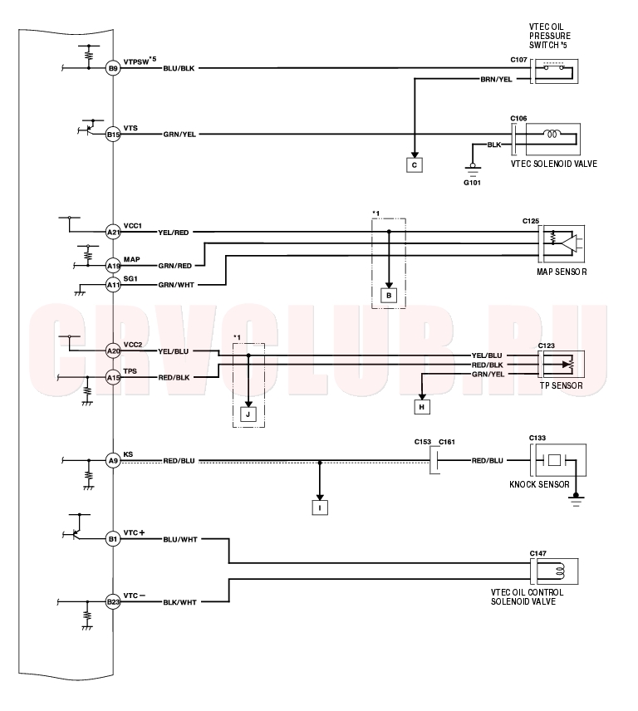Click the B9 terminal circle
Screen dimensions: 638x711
click(113, 68)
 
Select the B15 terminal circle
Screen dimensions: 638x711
click(113, 135)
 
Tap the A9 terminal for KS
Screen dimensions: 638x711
click(113, 461)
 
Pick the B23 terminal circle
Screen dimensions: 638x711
click(113, 602)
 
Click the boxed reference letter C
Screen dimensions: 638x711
click(415, 165)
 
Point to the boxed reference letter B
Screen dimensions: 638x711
click(389, 296)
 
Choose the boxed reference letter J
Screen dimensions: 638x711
click(248, 414)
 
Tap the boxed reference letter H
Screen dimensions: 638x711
click(422, 407)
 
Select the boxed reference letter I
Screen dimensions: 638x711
click(320, 508)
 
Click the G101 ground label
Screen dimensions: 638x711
click(472, 183)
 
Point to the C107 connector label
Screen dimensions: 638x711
click(518, 60)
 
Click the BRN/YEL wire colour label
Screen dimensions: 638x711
click(497, 80)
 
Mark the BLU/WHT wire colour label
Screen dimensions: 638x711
click(180, 540)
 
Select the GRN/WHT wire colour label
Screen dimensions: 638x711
click(176, 285)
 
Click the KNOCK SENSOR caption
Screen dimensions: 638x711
click(539, 484)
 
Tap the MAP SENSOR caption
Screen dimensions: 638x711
click(562, 272)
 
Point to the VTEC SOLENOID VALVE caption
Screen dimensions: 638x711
click(553, 164)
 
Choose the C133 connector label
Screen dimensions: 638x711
click(537, 438)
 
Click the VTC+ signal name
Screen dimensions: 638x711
click(134, 532)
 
